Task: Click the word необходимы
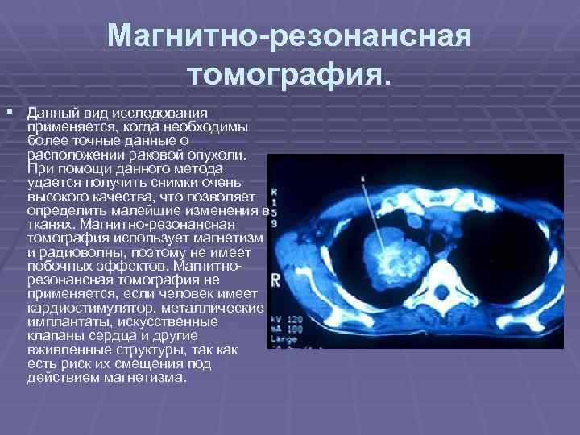209,128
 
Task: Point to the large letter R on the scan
275,280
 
